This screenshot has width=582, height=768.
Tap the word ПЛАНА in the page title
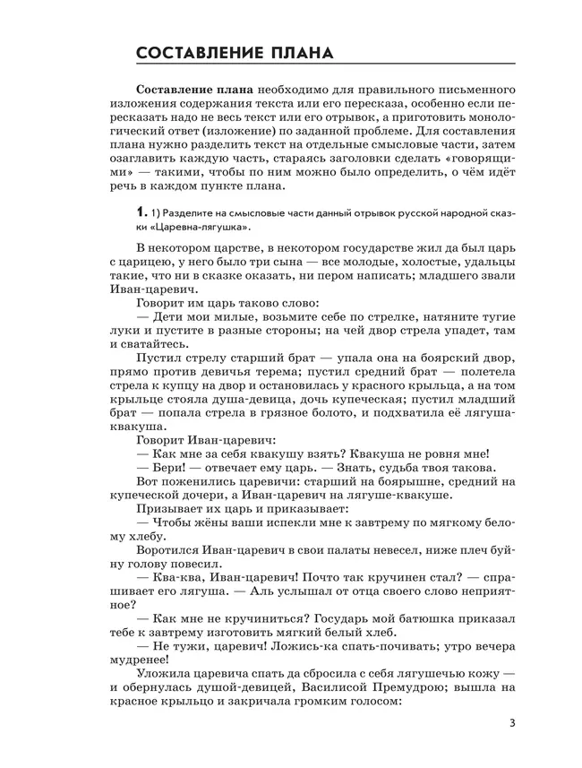tap(295, 53)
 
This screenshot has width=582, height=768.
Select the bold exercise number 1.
tap(139, 214)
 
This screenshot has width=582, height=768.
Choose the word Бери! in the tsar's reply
tap(153, 467)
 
